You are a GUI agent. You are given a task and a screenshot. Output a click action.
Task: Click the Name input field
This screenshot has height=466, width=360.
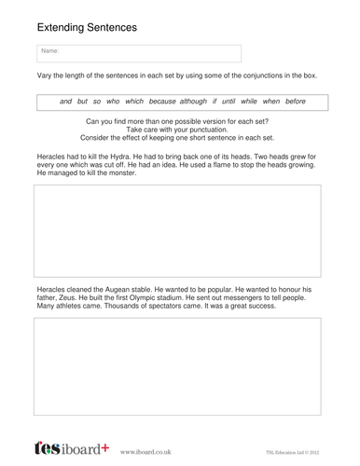138,52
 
